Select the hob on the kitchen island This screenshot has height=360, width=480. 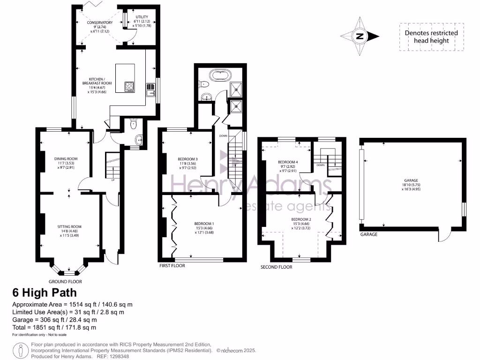click(x=129, y=86)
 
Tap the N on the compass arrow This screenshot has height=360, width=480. click(x=360, y=36)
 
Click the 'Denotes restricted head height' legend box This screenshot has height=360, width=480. click(x=431, y=37)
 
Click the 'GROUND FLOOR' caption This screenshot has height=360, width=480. click(x=65, y=282)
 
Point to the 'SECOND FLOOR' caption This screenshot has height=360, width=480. click(x=276, y=267)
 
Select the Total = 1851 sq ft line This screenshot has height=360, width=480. click(x=54, y=327)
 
